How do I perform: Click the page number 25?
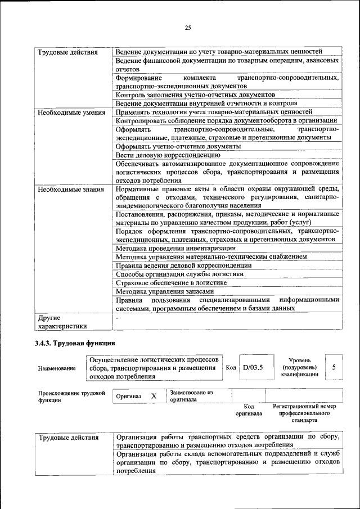tap(188, 28)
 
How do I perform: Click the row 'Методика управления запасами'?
tap(165, 292)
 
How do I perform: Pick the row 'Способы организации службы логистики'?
tap(179, 274)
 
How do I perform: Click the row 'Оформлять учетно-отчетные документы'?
tap(178, 146)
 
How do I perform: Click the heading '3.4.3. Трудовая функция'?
tap(75, 343)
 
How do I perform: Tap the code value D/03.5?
tap(253, 368)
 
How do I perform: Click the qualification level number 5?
tap(334, 367)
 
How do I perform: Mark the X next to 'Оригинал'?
tap(154, 396)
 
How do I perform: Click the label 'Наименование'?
tap(57, 368)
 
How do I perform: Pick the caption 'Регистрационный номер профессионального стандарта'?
tap(304, 413)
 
